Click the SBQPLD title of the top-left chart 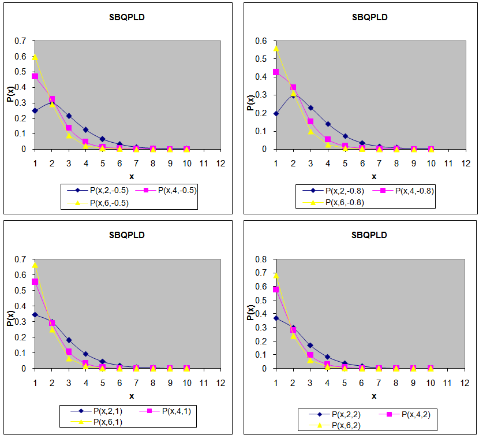click(x=128, y=17)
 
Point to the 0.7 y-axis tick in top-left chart click(x=21, y=41)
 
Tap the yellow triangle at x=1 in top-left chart click(x=35, y=57)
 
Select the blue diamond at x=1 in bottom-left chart click(x=35, y=314)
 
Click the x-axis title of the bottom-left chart click(x=132, y=396)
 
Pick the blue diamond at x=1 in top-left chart click(x=35, y=110)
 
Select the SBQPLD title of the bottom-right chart click(x=370, y=235)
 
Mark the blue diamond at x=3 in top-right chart click(x=311, y=108)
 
